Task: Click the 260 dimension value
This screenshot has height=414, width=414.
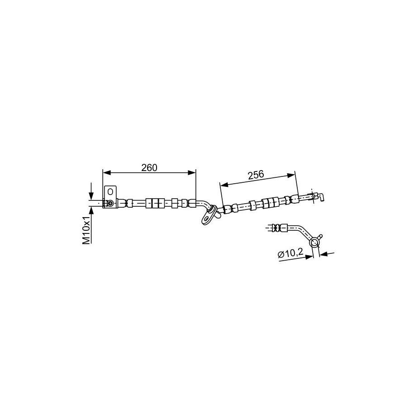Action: click(149, 168)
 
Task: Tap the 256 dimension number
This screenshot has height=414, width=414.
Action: click(256, 175)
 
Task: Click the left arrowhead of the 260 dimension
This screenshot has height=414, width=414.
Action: click(106, 172)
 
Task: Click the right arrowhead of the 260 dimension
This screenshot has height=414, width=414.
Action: click(192, 172)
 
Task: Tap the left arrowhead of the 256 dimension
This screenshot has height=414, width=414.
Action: click(224, 185)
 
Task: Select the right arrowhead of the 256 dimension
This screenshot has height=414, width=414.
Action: click(291, 175)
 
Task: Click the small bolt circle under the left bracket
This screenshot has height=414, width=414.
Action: click(110, 203)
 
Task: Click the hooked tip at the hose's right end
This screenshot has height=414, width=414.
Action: click(321, 197)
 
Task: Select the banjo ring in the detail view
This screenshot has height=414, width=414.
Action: click(314, 242)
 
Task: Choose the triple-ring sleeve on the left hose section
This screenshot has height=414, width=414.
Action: click(155, 203)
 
